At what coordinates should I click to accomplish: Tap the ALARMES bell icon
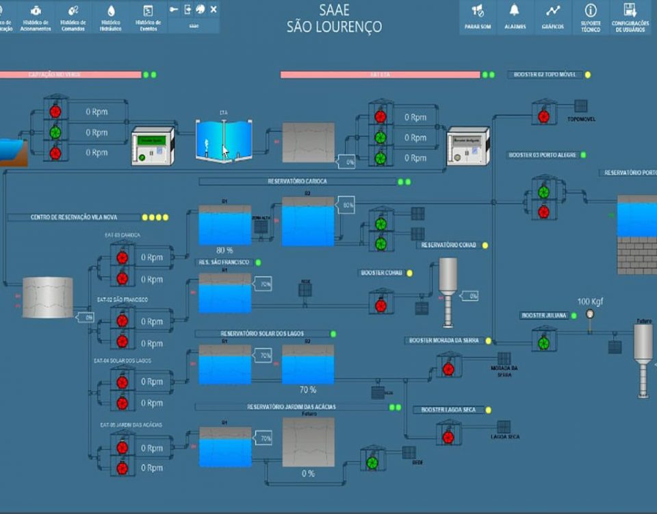515,16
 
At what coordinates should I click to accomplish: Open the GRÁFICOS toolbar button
552,16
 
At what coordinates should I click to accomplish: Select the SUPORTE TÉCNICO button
590,16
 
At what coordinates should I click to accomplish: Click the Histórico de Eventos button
148,16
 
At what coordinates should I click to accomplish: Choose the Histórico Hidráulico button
110,16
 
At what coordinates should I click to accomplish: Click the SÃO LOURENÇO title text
334,27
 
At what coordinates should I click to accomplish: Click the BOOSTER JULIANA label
544,315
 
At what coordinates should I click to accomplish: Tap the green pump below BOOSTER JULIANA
543,342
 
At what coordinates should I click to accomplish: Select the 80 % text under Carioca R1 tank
224,250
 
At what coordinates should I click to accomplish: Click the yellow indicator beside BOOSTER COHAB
410,273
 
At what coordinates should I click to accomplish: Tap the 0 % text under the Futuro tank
308,474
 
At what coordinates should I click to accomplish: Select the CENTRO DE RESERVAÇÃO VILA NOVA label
74,217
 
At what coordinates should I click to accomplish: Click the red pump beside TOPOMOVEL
543,116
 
